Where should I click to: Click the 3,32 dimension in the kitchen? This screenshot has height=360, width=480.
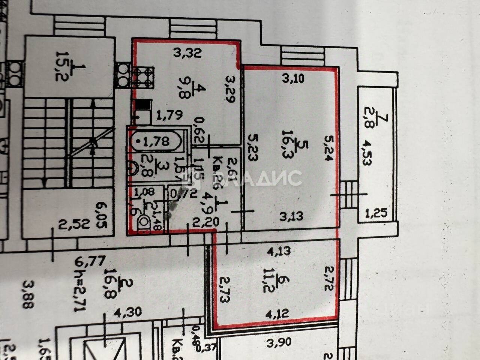tap(187, 53)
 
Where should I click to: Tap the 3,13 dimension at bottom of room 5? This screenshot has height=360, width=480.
tap(292, 216)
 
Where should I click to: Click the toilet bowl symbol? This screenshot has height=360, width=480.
tap(143, 223)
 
